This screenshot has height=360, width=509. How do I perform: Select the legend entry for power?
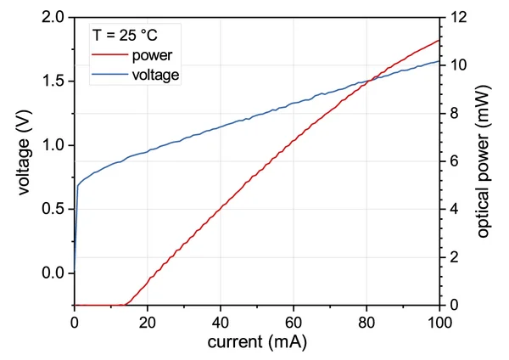pos(153,56)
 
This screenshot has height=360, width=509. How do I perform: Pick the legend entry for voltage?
pos(156,75)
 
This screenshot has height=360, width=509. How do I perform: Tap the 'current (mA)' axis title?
pos(257,343)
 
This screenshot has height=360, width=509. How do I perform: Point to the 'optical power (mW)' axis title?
pos(484,161)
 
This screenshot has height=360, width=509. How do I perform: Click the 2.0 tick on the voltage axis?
pos(53,17)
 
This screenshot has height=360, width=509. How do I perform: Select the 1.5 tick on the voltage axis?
pos(53,82)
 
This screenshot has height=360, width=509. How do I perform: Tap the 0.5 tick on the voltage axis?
pos(53,209)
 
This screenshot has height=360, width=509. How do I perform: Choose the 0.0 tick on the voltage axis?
pos(53,273)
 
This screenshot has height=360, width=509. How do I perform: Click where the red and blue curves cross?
pos(366,82)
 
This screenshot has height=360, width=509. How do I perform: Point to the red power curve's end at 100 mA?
pos(439,40)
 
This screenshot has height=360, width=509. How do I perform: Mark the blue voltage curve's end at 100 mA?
pos(439,61)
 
